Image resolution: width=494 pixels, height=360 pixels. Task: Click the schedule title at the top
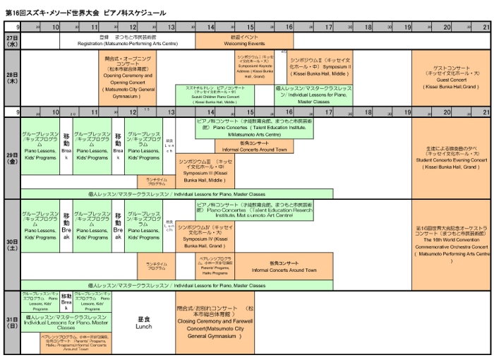[x=85, y=13]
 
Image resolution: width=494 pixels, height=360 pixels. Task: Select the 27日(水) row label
[x=11, y=40]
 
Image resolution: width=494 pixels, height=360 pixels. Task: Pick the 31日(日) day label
[x=11, y=322]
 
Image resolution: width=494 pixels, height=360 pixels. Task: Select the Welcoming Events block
[x=244, y=40]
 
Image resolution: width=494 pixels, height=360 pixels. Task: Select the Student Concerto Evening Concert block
[x=451, y=158]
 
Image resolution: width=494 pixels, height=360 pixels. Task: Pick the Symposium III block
[x=205, y=170]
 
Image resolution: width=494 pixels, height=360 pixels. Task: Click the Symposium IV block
[x=205, y=236]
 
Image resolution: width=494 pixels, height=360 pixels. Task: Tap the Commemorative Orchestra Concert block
[x=451, y=244]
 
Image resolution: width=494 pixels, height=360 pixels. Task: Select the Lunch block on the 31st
[x=144, y=322]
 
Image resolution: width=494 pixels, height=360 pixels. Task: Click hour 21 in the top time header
[x=485, y=26]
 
